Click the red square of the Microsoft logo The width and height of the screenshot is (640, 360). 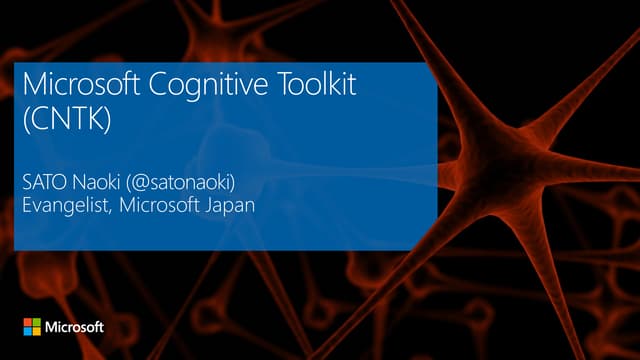point(28,322)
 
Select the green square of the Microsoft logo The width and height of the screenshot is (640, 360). point(37,322)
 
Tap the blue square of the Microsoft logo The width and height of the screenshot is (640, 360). point(28,331)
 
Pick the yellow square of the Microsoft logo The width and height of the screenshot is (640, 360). point(37,331)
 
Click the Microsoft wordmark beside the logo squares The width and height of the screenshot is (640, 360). point(75,327)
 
